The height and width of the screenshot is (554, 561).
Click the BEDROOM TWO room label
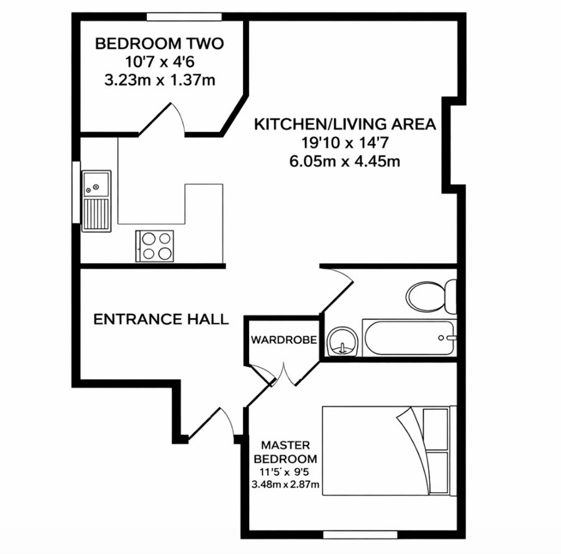[159, 43]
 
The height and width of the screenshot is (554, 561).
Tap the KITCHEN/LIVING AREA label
[345, 124]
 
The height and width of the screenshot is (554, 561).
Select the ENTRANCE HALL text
[161, 319]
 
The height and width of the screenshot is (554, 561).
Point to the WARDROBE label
[284, 340]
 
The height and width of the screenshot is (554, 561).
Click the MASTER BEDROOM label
[285, 452]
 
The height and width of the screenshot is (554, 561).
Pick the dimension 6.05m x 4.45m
[345, 162]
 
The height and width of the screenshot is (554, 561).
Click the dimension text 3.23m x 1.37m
[160, 81]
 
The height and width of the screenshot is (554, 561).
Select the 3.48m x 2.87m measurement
[285, 485]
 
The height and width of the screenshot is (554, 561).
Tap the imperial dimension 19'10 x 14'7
[345, 143]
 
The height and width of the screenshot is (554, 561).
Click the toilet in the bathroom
[432, 297]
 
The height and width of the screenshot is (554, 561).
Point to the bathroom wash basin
[342, 342]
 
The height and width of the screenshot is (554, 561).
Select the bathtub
[409, 338]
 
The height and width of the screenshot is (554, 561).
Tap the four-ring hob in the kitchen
[155, 246]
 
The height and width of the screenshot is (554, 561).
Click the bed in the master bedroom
[390, 451]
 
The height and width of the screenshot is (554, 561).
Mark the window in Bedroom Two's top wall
[185, 17]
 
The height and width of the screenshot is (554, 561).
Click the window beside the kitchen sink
[76, 192]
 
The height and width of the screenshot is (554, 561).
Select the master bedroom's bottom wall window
[360, 535]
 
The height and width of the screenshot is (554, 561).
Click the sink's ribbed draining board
[96, 214]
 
